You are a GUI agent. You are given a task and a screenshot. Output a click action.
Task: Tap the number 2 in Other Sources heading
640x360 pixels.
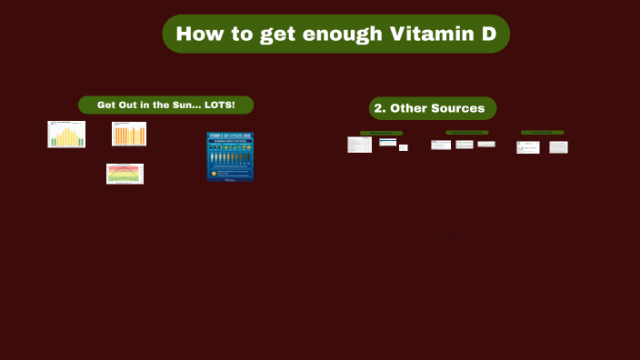pyautogui.click(x=380, y=108)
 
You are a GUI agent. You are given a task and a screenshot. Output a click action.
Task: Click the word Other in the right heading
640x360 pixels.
pyautogui.click(x=409, y=108)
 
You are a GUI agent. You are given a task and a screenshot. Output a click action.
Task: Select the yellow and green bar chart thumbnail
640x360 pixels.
pyautogui.click(x=66, y=135)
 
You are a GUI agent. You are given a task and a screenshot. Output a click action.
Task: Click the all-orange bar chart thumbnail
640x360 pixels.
pyautogui.click(x=129, y=135)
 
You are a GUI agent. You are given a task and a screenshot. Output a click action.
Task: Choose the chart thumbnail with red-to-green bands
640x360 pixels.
pyautogui.click(x=125, y=174)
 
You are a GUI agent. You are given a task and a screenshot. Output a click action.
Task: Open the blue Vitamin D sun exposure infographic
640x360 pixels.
pyautogui.click(x=230, y=157)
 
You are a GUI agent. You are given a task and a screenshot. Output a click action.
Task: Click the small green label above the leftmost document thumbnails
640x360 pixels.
pyautogui.click(x=381, y=133)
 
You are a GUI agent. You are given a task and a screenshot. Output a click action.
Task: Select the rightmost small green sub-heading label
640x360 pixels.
pyautogui.click(x=542, y=133)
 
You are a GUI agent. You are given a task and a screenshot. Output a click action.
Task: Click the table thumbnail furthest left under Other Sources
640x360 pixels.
pyautogui.click(x=359, y=145)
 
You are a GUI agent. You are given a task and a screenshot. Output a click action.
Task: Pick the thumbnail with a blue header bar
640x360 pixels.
pyautogui.click(x=388, y=142)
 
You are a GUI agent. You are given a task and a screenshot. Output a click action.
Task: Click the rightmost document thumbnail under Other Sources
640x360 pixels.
pyautogui.click(x=558, y=146)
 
